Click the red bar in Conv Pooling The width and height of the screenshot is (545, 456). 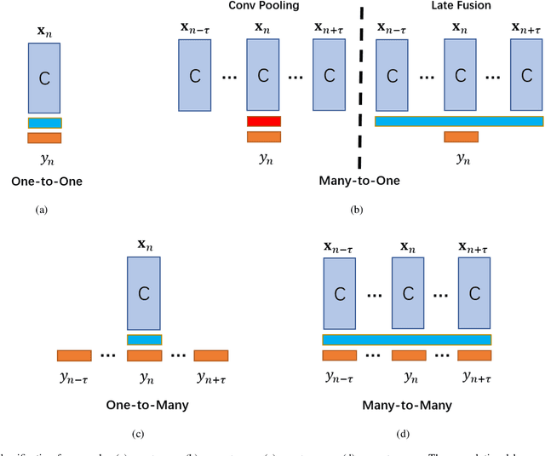click(x=263, y=121)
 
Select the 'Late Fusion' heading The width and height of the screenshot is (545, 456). click(x=459, y=5)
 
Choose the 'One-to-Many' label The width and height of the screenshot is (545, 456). click(x=143, y=405)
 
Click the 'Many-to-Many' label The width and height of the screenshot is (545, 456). click(x=406, y=405)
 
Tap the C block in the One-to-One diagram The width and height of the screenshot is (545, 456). click(x=43, y=78)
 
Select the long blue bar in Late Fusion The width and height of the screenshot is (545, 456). click(x=459, y=121)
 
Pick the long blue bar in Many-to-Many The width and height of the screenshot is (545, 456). click(x=406, y=339)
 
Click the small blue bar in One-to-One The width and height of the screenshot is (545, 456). click(x=44, y=123)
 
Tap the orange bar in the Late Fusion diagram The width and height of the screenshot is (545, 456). click(x=461, y=136)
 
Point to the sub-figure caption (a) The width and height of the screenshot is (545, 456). click(x=43, y=208)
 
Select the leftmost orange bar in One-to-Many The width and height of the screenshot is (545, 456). click(x=74, y=355)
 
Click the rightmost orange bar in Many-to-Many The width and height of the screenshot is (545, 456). click(x=474, y=355)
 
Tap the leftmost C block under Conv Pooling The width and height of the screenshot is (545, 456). click(x=195, y=76)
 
